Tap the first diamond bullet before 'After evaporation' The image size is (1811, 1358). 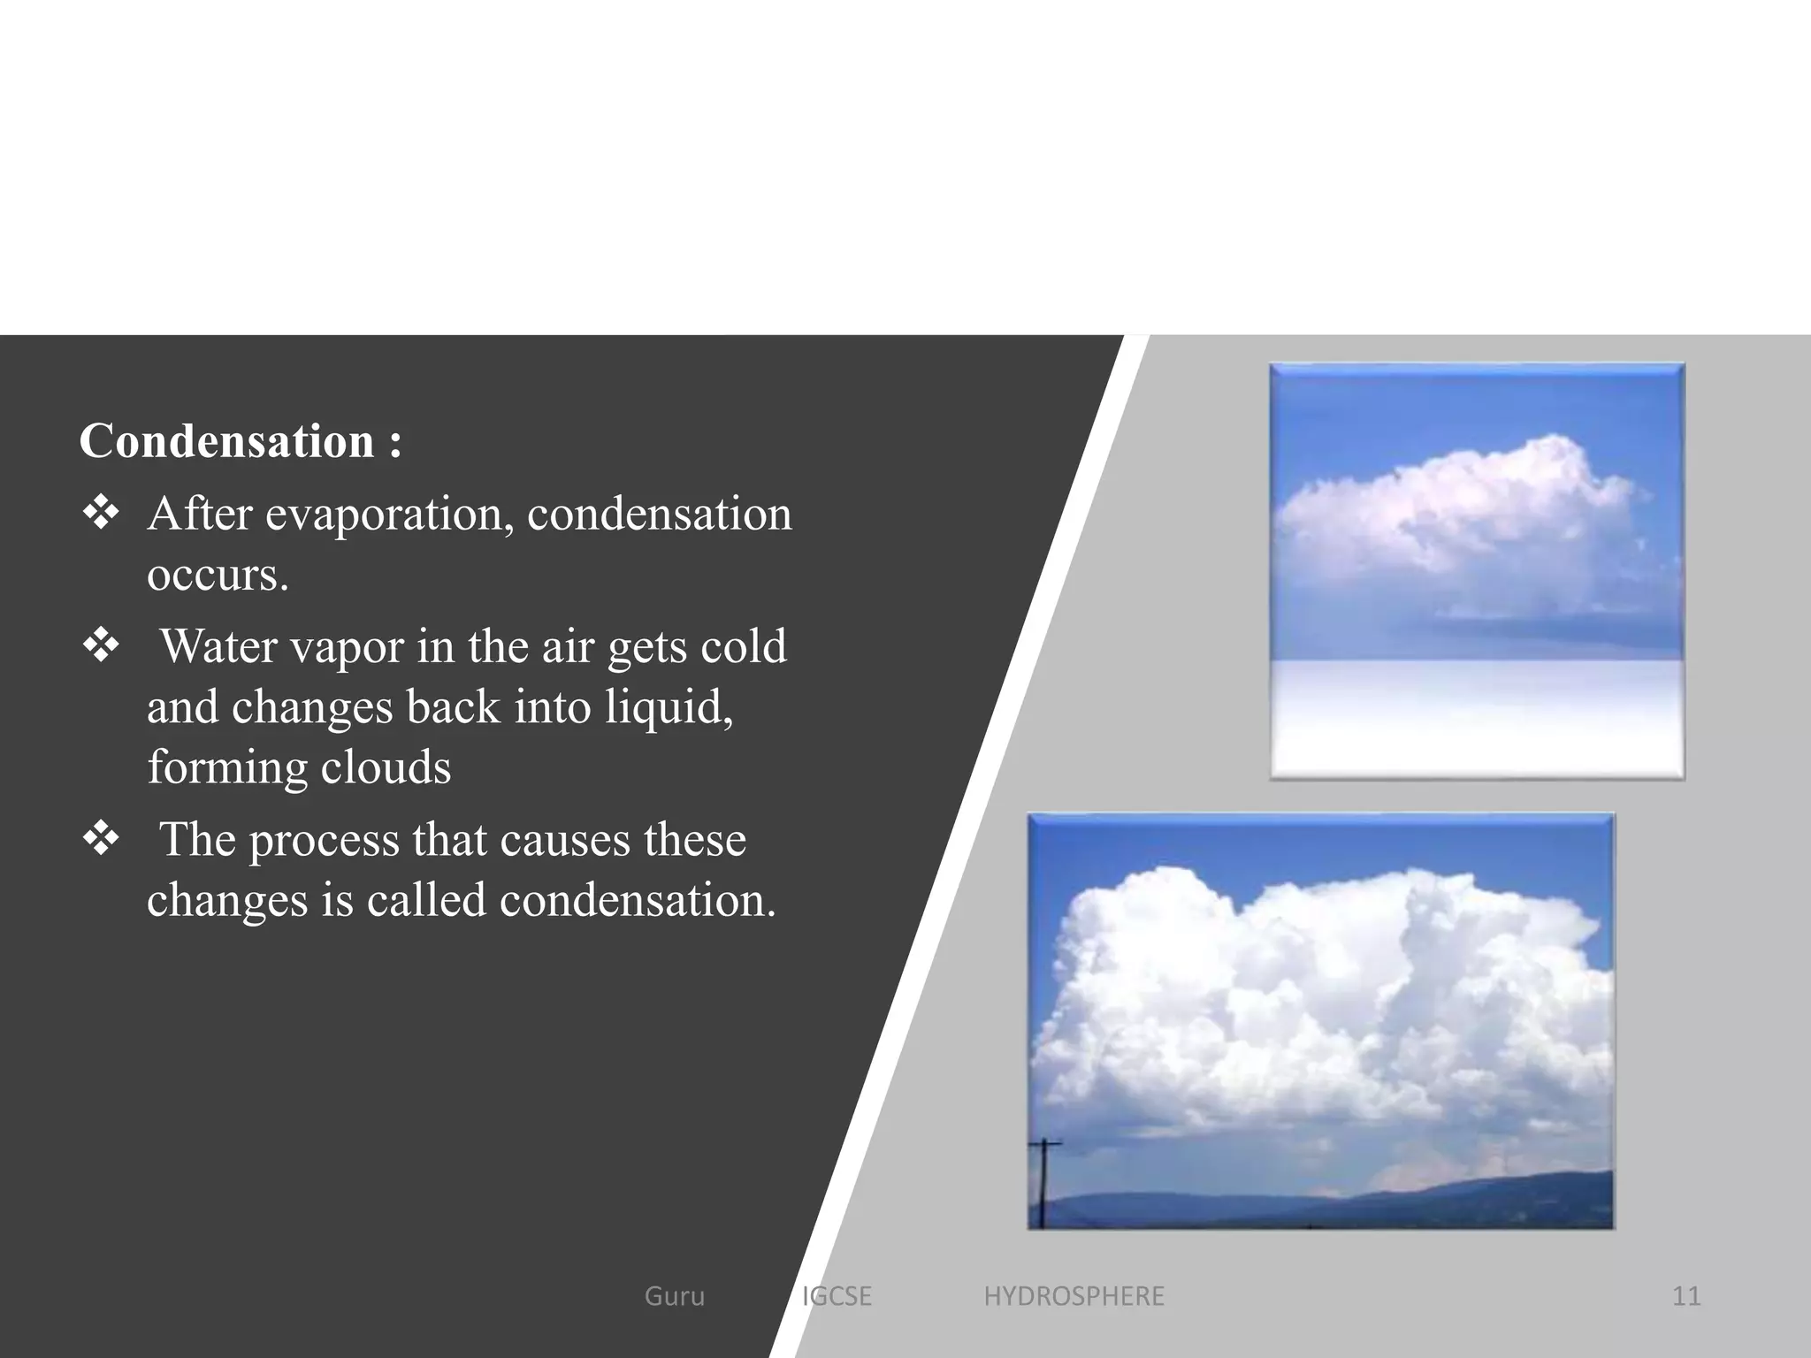pyautogui.click(x=101, y=513)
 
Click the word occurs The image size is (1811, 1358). pyautogui.click(x=218, y=576)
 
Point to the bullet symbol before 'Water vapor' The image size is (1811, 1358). pyautogui.click(x=101, y=645)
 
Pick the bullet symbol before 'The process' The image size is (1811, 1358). pyautogui.click(x=101, y=837)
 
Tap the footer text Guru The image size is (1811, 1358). pyautogui.click(x=675, y=1296)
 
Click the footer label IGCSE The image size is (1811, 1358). pyautogui.click(x=837, y=1296)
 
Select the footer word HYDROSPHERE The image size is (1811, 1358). pyautogui.click(x=1074, y=1296)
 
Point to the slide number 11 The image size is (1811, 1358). pyautogui.click(x=1686, y=1296)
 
